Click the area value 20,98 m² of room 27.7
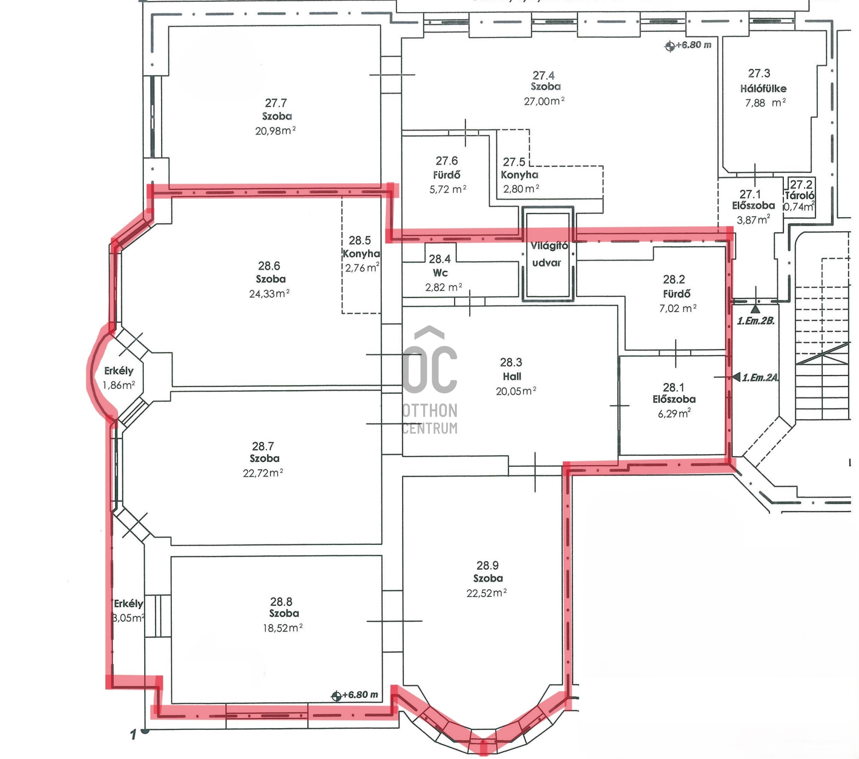pyautogui.click(x=275, y=131)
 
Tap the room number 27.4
pyautogui.click(x=544, y=76)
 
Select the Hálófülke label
pyautogui.click(x=763, y=89)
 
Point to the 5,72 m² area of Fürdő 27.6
pyautogui.click(x=448, y=189)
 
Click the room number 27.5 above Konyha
pyautogui.click(x=514, y=162)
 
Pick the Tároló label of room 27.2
pyautogui.click(x=799, y=195)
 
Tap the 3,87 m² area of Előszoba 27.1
pyautogui.click(x=753, y=219)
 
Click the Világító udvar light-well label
pyautogui.click(x=549, y=254)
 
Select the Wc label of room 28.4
pyautogui.click(x=440, y=273)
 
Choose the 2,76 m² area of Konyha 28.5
pyautogui.click(x=362, y=268)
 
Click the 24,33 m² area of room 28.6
pyautogui.click(x=269, y=294)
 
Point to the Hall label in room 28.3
pyautogui.click(x=512, y=376)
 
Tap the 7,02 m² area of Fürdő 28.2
pyautogui.click(x=678, y=308)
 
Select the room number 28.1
pyautogui.click(x=673, y=387)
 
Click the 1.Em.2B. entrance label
pyautogui.click(x=756, y=320)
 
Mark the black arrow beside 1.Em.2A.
pyautogui.click(x=736, y=377)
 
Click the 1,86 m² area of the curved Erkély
pyautogui.click(x=119, y=385)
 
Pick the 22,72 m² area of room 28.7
pyautogui.click(x=263, y=473)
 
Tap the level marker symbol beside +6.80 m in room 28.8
pyautogui.click(x=336, y=696)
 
